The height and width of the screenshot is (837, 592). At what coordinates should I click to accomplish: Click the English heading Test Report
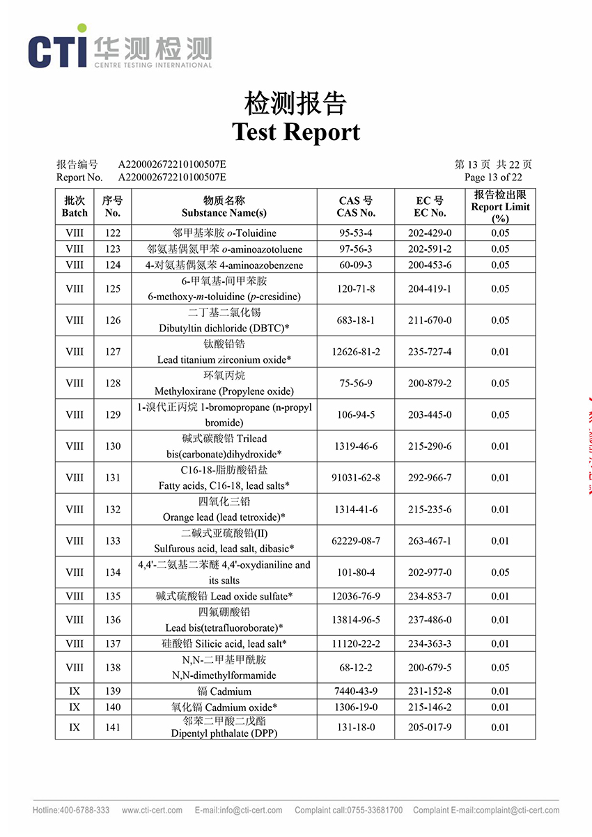[x=296, y=132]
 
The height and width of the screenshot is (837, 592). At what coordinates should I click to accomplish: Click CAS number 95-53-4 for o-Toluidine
[x=356, y=233]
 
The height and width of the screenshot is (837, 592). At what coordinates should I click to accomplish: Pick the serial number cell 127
[x=113, y=352]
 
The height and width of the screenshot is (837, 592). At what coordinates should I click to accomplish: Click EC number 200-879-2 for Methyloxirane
[x=430, y=384]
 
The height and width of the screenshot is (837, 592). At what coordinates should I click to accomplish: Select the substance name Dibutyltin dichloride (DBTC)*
[x=224, y=328]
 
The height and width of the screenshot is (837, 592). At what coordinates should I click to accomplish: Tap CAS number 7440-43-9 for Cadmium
[x=356, y=691]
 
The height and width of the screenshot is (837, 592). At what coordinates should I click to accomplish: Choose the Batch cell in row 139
[x=75, y=691]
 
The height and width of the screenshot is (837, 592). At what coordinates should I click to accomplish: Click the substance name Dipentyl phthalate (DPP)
[x=224, y=733]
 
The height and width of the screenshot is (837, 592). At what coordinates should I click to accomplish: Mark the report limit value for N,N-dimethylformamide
[x=500, y=668]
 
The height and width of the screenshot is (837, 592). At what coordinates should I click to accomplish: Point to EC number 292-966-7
[x=430, y=478]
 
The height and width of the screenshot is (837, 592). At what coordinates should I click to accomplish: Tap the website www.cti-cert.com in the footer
[x=152, y=811]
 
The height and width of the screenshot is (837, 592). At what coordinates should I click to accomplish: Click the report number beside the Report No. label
[x=172, y=177]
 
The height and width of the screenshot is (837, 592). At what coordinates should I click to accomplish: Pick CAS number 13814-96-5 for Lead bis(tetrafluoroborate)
[x=356, y=620]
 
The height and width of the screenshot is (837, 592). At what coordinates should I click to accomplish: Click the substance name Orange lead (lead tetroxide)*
[x=224, y=517]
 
